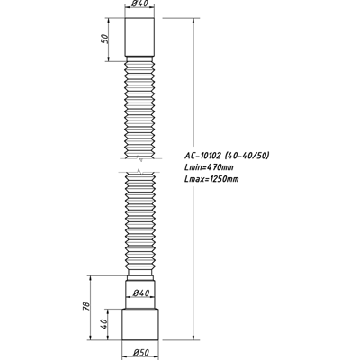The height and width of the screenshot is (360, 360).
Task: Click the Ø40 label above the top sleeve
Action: point(139,6)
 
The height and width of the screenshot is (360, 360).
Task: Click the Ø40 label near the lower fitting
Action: point(139,292)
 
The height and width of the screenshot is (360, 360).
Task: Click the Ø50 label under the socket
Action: point(139,351)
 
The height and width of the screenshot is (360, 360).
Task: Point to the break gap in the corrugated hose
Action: point(139,169)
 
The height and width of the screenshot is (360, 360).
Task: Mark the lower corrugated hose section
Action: point(139,225)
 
